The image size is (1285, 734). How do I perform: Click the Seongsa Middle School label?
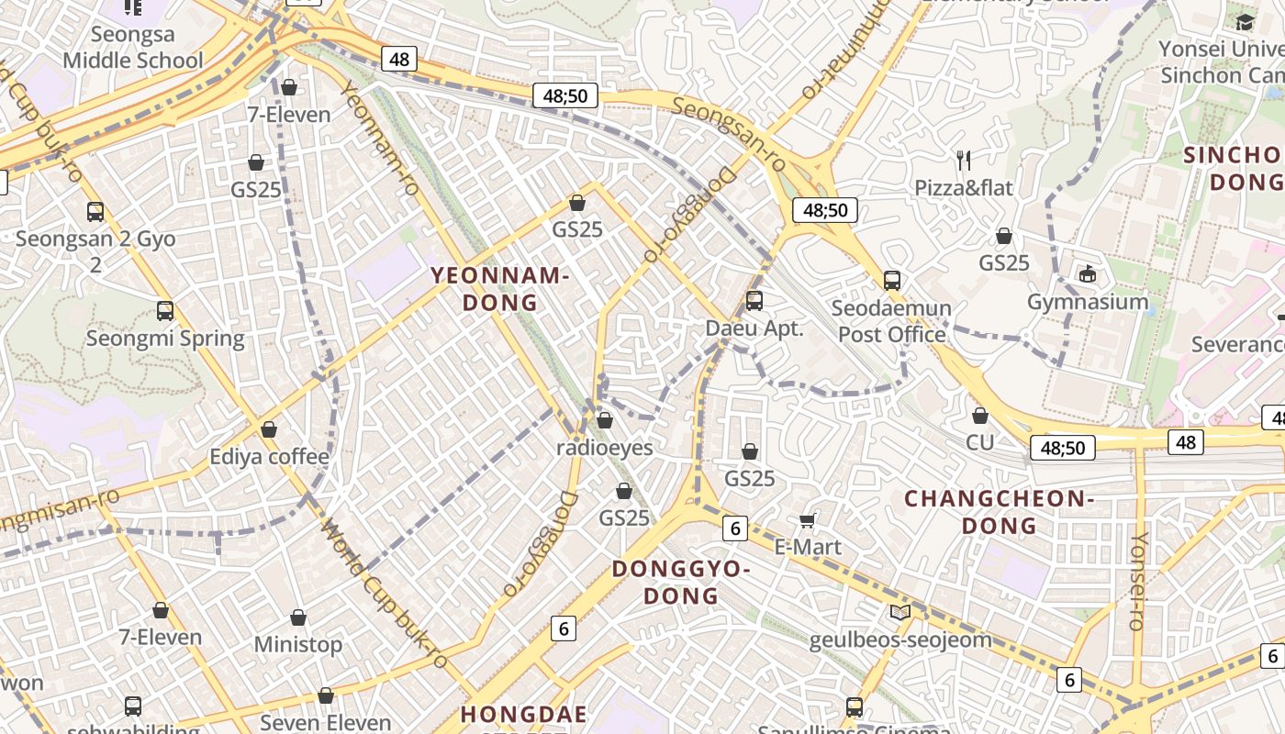click(133, 48)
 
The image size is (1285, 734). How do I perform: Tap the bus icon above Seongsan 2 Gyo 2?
click(95, 212)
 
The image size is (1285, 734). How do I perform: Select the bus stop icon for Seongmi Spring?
click(165, 311)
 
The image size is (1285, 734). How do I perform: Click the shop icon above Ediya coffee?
click(269, 429)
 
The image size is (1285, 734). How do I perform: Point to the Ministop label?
click(298, 644)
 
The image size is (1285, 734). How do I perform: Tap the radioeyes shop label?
click(605, 448)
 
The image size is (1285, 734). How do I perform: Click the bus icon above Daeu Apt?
click(754, 300)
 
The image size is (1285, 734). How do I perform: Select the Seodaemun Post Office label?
click(891, 321)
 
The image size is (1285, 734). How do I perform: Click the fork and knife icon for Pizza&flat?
click(964, 161)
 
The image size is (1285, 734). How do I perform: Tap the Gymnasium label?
click(1088, 302)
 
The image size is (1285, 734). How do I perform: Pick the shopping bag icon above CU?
click(980, 416)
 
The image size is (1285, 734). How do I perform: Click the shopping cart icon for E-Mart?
click(808, 521)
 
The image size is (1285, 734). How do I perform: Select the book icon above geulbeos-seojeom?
click(900, 612)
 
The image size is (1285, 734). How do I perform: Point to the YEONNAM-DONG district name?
click(500, 289)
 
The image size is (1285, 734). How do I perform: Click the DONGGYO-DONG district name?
click(681, 583)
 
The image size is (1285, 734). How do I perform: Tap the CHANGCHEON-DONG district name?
click(999, 512)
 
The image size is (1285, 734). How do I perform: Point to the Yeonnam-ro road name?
click(380, 138)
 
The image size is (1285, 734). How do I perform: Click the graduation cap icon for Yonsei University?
click(1245, 22)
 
